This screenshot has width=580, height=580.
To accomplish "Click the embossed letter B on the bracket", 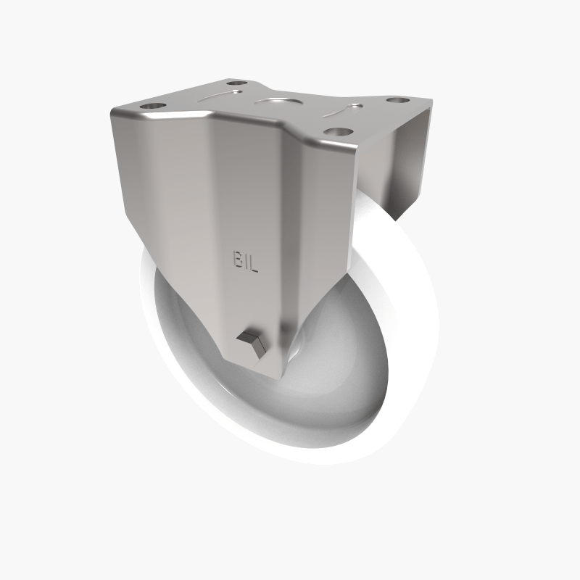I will pyautogui.click(x=238, y=260).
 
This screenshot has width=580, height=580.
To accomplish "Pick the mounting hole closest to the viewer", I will pyautogui.click(x=336, y=133).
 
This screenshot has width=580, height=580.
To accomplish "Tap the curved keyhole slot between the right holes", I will pyautogui.click(x=348, y=110).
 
